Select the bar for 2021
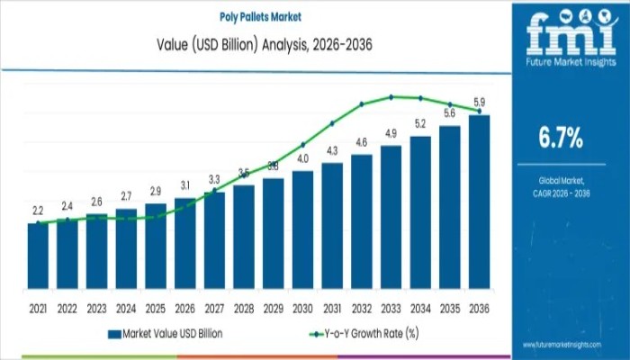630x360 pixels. pyautogui.click(x=38, y=265)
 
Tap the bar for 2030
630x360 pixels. pyautogui.click(x=302, y=238)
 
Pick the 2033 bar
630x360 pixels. pyautogui.click(x=391, y=226)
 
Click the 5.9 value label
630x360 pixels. pyautogui.click(x=480, y=102)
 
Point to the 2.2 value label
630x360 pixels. pyautogui.click(x=38, y=211)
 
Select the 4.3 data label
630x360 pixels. pyautogui.click(x=332, y=150)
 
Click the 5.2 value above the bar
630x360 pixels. pyautogui.click(x=420, y=123)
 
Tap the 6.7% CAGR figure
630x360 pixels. pyautogui.click(x=560, y=138)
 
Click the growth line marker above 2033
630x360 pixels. pyautogui.click(x=391, y=96)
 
